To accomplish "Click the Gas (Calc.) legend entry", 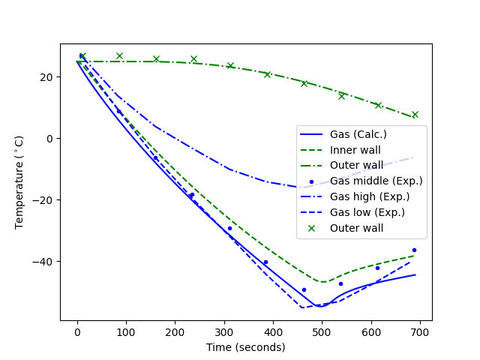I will point(358,134).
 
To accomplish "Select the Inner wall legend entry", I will point(355,150).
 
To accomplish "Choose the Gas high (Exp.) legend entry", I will point(372,196).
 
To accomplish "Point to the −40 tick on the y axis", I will point(42,262).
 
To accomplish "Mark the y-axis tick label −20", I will point(42,200).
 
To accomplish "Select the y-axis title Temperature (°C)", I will point(19,182).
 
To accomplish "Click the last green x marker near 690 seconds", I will point(415,115).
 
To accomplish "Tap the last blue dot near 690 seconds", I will point(414,250).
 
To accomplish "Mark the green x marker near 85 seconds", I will point(119,56).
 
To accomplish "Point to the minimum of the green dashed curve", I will point(322,282).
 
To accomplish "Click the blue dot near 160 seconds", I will point(156,157).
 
